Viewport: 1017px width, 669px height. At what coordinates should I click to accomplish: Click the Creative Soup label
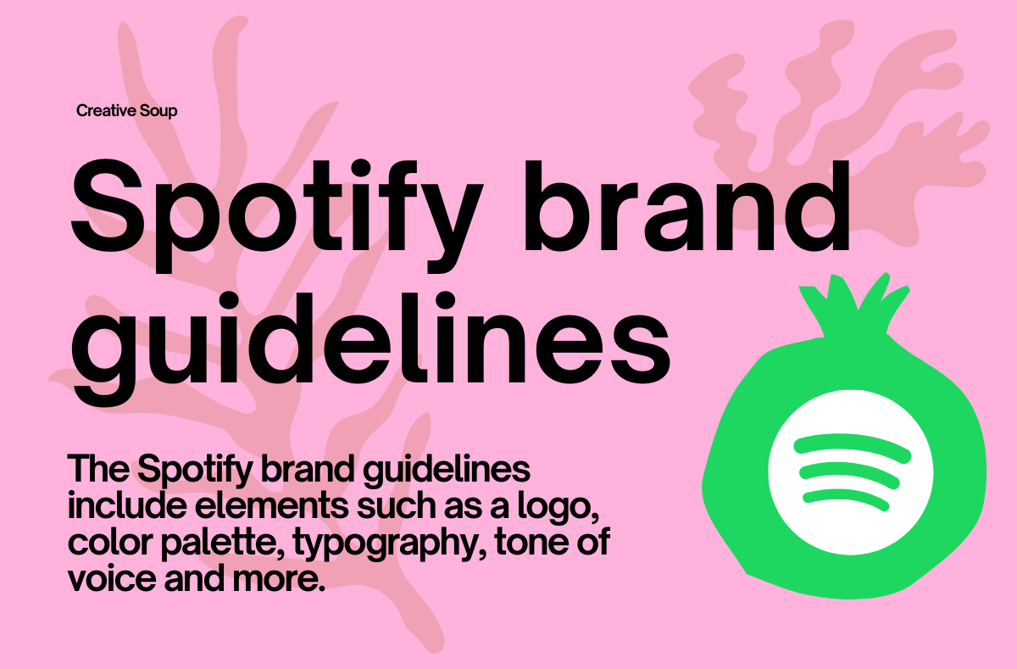(126, 111)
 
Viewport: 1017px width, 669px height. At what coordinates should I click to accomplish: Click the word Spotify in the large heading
(276, 216)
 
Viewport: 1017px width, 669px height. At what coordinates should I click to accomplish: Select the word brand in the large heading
(686, 206)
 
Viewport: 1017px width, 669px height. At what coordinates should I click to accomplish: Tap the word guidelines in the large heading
(370, 348)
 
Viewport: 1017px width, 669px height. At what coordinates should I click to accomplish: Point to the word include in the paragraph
(127, 505)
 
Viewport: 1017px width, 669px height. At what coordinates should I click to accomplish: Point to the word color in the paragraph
(110, 541)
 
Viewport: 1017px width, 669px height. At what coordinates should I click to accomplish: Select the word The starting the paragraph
(98, 468)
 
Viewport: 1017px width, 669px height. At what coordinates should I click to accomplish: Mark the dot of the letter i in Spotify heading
(362, 169)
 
